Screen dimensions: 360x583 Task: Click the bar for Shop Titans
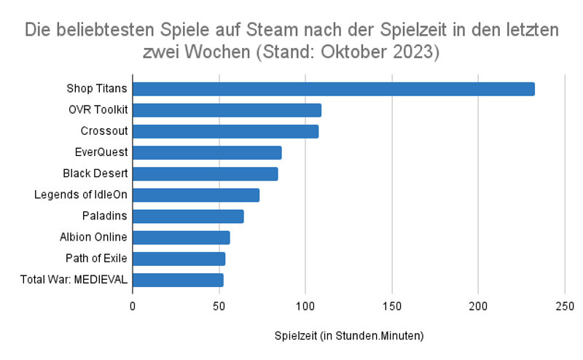click(x=333, y=89)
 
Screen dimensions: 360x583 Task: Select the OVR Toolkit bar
click(x=227, y=110)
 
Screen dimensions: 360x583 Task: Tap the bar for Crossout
click(x=225, y=131)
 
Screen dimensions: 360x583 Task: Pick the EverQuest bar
click(x=207, y=152)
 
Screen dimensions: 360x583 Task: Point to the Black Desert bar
click(x=205, y=173)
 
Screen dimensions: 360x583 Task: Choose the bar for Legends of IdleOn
click(x=196, y=195)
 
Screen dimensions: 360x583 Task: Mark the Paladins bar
click(x=188, y=216)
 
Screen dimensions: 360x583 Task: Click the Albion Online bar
click(x=181, y=237)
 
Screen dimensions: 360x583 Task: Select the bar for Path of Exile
click(x=179, y=258)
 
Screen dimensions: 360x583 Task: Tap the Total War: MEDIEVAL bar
click(x=178, y=279)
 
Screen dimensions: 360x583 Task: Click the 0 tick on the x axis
click(x=133, y=305)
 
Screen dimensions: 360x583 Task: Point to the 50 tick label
click(x=219, y=305)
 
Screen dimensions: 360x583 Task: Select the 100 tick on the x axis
click(x=305, y=305)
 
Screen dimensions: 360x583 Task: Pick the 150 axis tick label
click(x=392, y=305)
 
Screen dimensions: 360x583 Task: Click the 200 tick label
click(x=478, y=305)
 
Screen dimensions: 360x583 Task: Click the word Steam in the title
click(x=278, y=31)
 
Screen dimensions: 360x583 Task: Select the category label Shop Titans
click(x=97, y=89)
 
